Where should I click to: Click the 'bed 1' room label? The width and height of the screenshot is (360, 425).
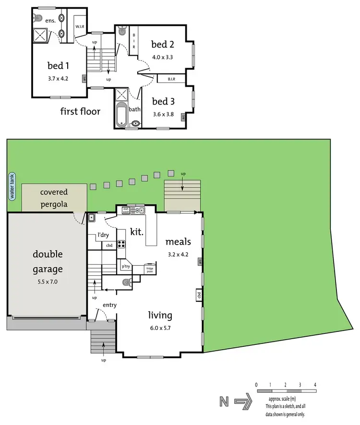[58, 66]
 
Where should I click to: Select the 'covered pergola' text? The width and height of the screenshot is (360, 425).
[54, 198]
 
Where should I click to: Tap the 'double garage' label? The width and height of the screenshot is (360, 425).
[48, 261]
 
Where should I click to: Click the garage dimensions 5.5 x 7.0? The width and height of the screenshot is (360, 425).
[48, 282]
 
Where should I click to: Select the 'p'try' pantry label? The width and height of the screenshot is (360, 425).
[126, 266]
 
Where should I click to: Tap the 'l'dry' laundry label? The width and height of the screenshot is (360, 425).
[102, 235]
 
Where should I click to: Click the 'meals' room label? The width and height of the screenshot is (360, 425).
[178, 242]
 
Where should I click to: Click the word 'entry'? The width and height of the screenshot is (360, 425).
[109, 305]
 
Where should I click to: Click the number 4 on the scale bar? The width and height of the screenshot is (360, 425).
[315, 385]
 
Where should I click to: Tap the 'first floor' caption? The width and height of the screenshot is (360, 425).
[80, 112]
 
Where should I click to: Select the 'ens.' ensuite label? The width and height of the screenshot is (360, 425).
[50, 21]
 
